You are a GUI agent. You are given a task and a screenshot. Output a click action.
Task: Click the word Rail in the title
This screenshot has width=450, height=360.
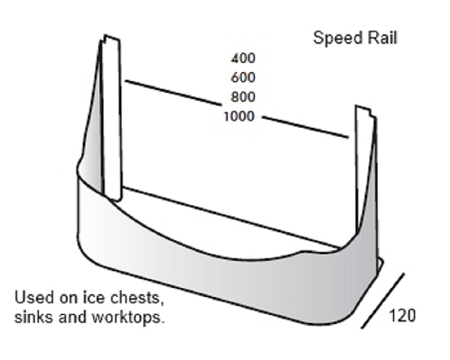tap(382, 38)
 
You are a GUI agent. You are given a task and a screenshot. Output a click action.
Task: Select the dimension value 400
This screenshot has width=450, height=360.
tap(243, 58)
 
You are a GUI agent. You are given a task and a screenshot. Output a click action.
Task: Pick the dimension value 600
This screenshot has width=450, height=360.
tap(243, 77)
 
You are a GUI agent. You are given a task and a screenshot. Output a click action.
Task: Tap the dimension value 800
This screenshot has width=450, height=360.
tap(243, 97)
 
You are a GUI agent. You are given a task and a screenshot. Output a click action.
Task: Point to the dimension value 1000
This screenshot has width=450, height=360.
tap(239, 116)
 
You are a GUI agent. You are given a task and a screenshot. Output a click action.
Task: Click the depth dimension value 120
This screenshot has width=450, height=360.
tap(402, 316)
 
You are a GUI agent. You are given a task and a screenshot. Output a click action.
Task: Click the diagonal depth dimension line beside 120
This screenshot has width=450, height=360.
tap(382, 301)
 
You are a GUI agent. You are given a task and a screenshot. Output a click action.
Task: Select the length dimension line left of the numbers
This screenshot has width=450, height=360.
tap(173, 93)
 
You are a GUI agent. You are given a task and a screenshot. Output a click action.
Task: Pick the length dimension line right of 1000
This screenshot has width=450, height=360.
tap(305, 127)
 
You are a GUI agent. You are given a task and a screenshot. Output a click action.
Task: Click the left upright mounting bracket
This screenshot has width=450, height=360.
tap(112, 119)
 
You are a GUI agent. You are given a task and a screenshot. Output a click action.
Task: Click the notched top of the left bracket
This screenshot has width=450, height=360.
tap(112, 38)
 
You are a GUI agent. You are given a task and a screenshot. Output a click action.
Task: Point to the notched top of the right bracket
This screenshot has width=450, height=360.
tap(364, 110)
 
